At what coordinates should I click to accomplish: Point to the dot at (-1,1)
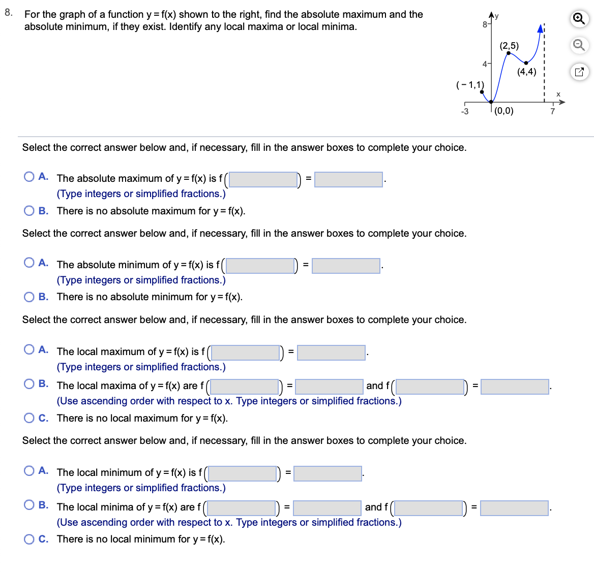pos(482,92)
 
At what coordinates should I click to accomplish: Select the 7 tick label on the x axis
pos(552,112)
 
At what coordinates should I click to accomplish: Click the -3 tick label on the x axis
pos(464,112)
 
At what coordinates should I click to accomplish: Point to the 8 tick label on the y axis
pos(485,24)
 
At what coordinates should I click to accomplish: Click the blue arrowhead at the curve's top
pos(541,29)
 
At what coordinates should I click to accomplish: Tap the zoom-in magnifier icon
pos(578,19)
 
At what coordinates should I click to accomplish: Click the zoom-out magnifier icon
pos(578,45)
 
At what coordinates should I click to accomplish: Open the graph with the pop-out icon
pos(578,72)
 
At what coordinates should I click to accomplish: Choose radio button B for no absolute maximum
pos(29,211)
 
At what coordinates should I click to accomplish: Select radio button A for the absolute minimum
pos(29,263)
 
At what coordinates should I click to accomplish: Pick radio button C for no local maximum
pos(29,418)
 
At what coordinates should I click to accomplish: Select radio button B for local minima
pos(29,505)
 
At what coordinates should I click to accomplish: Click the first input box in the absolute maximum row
pos(263,179)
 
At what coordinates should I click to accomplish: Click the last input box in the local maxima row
pos(515,387)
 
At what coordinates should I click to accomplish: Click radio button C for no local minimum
pos(29,539)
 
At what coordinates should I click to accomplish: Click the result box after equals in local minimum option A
pos(328,473)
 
